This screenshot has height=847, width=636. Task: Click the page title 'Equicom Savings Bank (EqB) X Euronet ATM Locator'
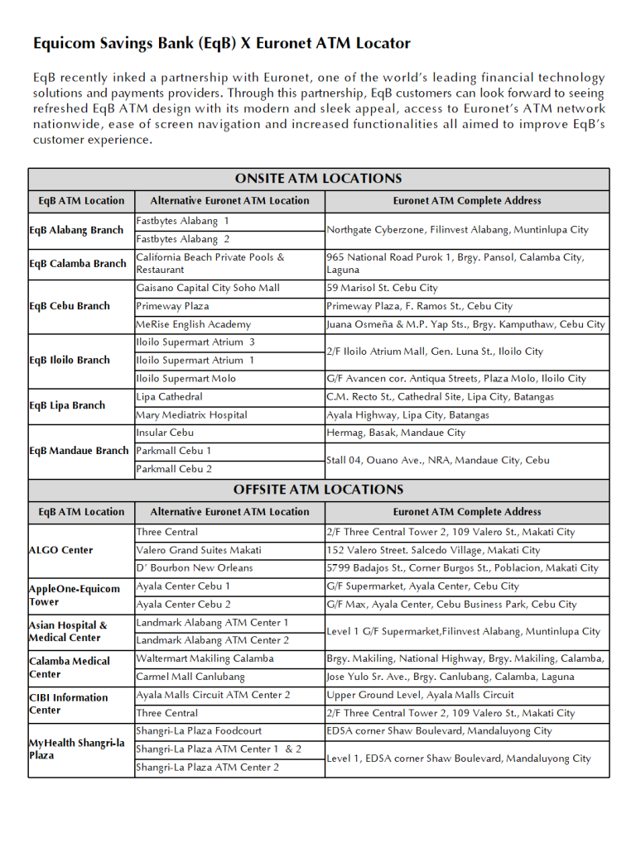tap(221, 44)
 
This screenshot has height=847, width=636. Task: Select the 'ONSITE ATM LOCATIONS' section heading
tap(318, 179)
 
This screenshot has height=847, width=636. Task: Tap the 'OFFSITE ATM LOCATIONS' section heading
tap(318, 490)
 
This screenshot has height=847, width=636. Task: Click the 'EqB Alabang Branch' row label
tap(76, 230)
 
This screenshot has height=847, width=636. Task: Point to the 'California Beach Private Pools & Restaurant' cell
tap(210, 263)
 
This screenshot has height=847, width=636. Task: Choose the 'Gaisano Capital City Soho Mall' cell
tap(208, 288)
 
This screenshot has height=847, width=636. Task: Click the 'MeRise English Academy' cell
tap(193, 324)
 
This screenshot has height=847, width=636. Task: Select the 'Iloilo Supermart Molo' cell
tap(185, 378)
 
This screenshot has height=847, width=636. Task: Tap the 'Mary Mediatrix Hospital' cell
tap(191, 414)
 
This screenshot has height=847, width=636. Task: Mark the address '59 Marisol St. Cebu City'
tap(382, 288)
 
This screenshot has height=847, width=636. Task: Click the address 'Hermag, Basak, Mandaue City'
tap(396, 433)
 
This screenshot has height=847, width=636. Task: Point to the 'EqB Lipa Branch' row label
tap(67, 405)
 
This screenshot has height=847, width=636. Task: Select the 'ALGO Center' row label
tap(60, 550)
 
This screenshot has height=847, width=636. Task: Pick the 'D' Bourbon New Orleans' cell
tap(195, 567)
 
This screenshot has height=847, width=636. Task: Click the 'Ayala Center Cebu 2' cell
tap(184, 604)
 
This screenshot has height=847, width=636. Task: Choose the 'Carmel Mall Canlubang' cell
tap(190, 677)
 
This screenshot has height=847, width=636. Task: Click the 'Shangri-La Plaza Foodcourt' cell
tap(199, 730)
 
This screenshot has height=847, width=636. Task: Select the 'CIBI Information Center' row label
tap(68, 703)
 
